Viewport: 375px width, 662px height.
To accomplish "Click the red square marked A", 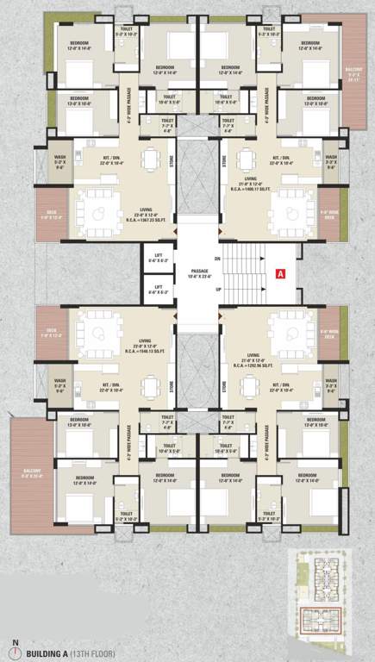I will point(279,273).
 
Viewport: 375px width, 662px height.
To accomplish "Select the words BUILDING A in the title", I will point(51,652).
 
